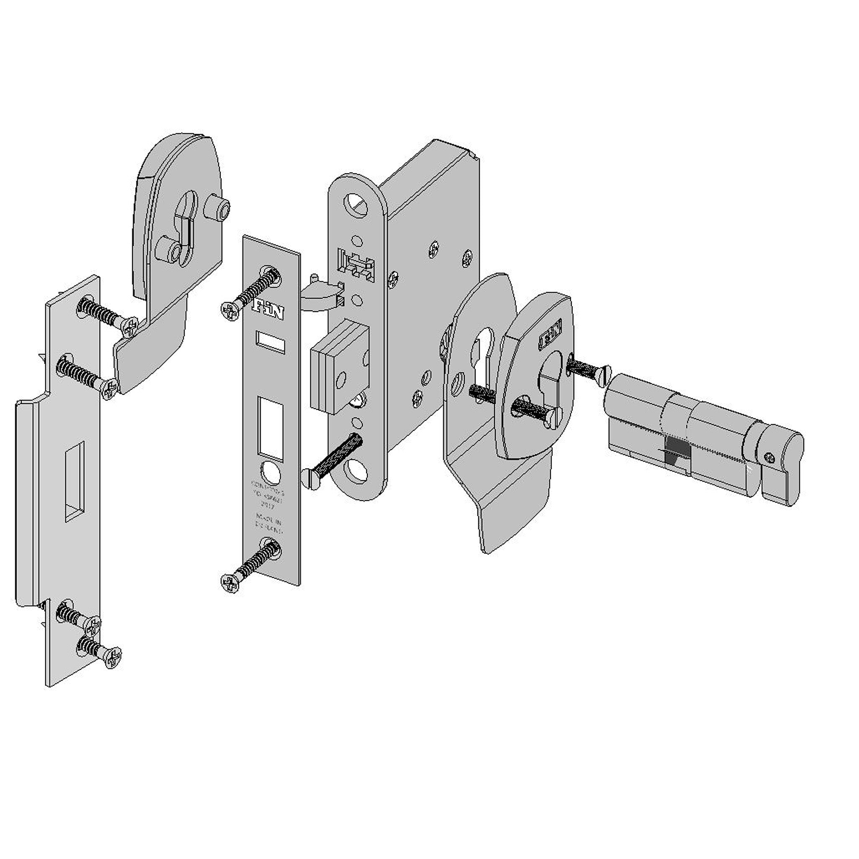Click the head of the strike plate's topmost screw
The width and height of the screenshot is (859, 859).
click(131, 328)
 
